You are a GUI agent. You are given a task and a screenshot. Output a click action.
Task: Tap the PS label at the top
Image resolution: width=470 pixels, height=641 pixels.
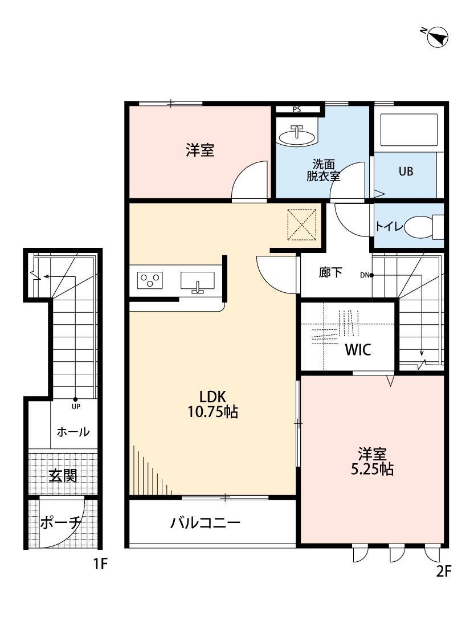(297, 109)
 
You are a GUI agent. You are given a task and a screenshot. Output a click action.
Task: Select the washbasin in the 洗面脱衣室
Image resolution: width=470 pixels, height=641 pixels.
(296, 136)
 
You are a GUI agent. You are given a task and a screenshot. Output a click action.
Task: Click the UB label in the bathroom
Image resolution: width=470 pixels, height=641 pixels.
(406, 171)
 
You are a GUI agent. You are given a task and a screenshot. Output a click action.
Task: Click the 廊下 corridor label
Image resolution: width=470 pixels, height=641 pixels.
(330, 272)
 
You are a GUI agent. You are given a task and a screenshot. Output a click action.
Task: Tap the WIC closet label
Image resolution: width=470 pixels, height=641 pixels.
(358, 350)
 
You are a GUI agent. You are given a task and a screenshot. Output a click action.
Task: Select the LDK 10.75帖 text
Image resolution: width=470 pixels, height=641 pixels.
(212, 404)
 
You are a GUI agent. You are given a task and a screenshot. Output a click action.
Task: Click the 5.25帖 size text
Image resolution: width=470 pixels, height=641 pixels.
(373, 469)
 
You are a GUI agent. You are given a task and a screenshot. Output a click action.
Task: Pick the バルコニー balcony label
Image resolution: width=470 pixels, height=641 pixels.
(206, 523)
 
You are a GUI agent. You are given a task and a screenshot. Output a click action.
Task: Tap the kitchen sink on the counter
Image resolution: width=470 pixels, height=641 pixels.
(197, 281)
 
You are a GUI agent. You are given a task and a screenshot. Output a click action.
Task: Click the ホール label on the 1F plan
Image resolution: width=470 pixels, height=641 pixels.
(73, 432)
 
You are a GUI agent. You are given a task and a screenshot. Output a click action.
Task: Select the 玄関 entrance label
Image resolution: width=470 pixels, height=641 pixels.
(63, 475)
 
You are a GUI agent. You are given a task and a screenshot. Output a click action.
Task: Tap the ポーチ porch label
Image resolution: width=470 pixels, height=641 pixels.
(62, 522)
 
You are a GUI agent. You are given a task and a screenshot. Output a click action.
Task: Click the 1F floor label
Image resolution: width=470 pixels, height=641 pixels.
(100, 565)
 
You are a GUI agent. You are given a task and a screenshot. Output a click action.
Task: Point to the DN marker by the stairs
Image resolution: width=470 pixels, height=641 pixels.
(365, 275)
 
